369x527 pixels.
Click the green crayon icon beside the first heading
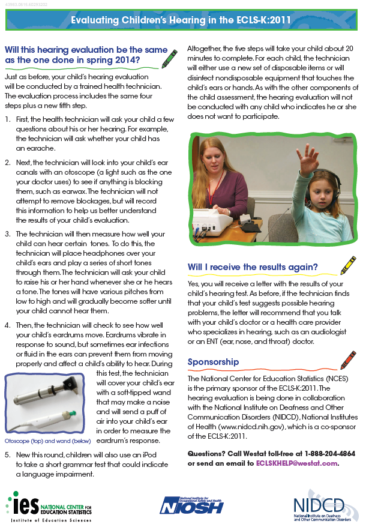pos(170,58)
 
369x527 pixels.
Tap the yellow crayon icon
pos(347,266)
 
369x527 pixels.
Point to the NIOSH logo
pos(191,504)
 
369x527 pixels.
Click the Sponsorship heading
pos(213,362)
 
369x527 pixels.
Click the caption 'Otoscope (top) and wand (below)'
pos(47,442)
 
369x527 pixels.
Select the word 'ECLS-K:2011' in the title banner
pos(265,20)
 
